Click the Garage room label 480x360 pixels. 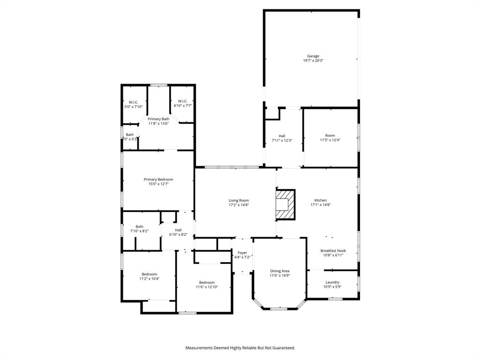(313, 56)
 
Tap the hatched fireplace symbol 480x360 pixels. (285, 204)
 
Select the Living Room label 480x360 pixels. (239, 200)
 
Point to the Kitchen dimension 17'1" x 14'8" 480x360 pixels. (321, 205)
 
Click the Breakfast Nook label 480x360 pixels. (333, 251)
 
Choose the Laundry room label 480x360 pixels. (332, 282)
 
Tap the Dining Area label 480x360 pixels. (279, 271)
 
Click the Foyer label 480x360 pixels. (242, 253)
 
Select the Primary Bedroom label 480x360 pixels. (158, 180)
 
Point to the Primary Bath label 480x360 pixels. (158, 119)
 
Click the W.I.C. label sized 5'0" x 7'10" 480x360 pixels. (134, 102)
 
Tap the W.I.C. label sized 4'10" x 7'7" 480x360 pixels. (182, 101)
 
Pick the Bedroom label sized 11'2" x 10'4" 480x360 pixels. (150, 274)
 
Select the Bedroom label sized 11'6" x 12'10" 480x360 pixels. (207, 282)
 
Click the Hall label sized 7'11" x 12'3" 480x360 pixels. (282, 136)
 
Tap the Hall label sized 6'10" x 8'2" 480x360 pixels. (178, 230)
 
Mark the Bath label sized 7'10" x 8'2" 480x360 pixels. (140, 226)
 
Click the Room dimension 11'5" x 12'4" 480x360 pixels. (330, 140)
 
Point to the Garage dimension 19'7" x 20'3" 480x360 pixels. (313, 60)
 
